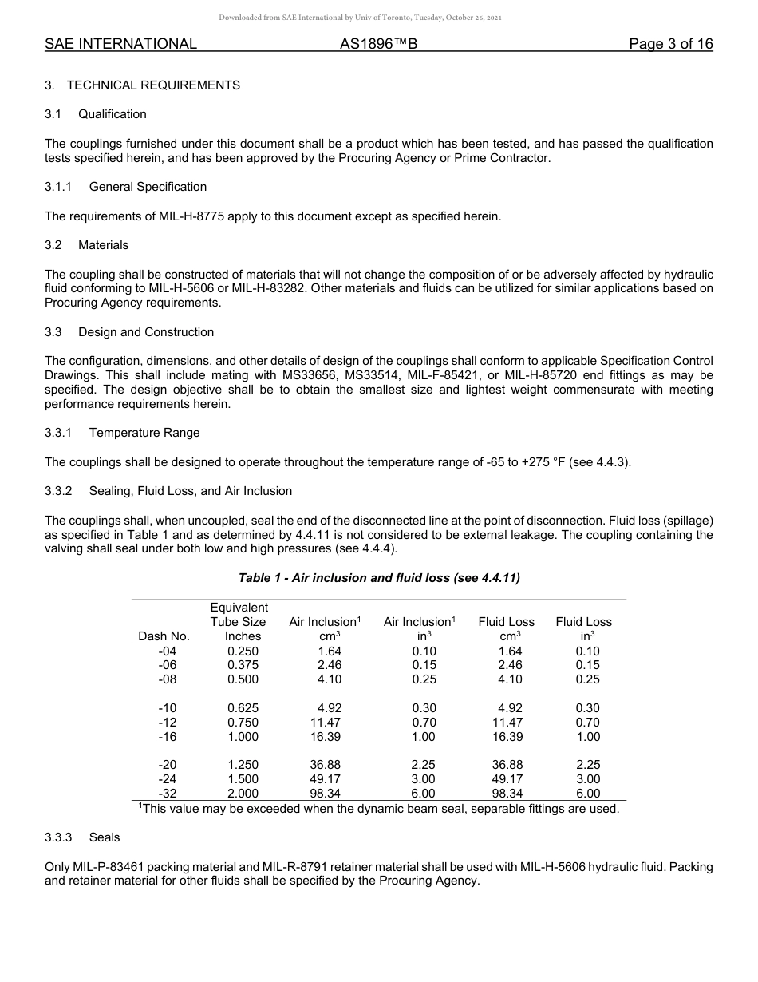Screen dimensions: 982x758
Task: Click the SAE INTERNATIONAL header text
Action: (120, 44)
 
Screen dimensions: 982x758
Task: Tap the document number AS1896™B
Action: (378, 44)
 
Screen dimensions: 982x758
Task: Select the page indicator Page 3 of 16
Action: (670, 44)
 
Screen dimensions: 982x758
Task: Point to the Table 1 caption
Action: (379, 578)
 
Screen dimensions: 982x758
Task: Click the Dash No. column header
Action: (164, 636)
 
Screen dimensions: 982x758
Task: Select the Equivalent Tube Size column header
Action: (238, 622)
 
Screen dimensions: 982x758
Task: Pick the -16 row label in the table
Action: (168, 737)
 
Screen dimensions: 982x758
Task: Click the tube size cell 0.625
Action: (243, 708)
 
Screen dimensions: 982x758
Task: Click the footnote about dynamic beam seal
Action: (379, 809)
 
